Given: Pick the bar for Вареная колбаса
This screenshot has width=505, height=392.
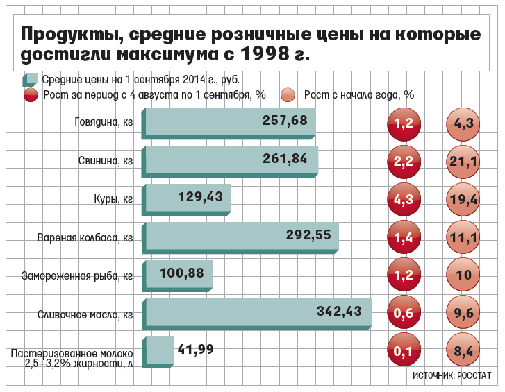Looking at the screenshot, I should coord(241,237).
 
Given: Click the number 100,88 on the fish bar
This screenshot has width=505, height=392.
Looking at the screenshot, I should coord(181,273).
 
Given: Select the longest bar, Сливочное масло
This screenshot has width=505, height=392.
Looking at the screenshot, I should coord(257,313).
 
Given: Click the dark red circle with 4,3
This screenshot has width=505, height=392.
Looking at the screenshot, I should coord(404,199).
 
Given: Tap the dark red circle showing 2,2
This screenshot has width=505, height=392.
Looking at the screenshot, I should coord(404,162).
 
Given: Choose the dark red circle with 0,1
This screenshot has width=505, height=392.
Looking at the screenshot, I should coord(404,352).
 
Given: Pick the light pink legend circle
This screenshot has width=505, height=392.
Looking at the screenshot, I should coord(289,95).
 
